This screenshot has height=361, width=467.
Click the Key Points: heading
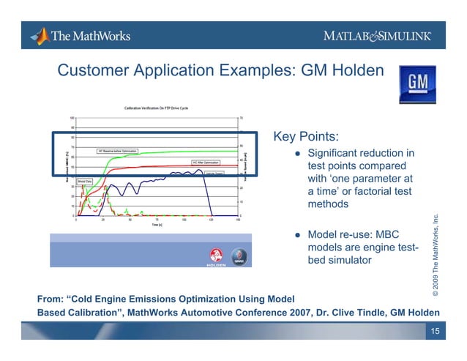coord(305,136)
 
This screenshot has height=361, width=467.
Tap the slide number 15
coord(436,332)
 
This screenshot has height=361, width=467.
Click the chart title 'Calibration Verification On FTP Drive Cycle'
coord(156,108)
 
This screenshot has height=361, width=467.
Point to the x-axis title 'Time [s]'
coord(157,226)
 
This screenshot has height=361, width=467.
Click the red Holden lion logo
coord(217,256)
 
